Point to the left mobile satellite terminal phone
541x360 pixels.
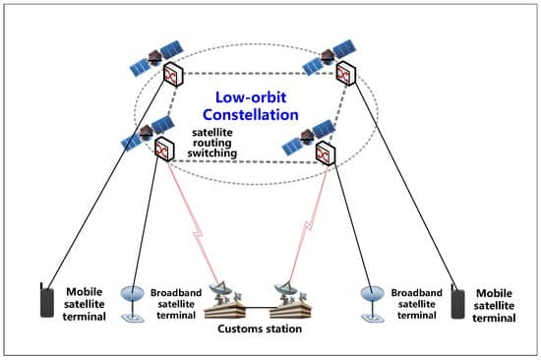pyautogui.click(x=45, y=299)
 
